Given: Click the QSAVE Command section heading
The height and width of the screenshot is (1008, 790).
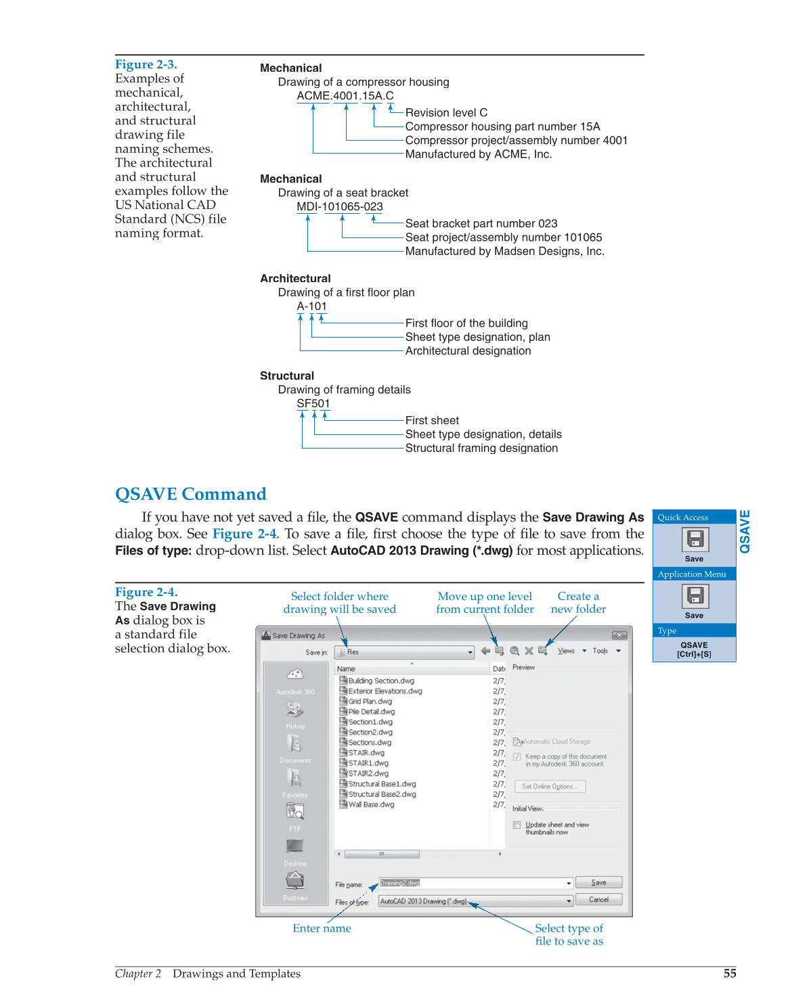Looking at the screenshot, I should [x=190, y=494].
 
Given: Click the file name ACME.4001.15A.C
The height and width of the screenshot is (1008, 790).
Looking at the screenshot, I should [x=345, y=96].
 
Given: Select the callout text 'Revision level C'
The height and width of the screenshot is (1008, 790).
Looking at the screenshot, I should [x=446, y=112].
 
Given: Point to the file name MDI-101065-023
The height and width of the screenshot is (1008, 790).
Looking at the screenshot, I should [x=339, y=207].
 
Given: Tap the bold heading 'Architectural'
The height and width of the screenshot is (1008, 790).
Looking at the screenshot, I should [x=295, y=278].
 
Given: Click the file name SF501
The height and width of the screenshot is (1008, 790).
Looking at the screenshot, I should [x=313, y=404].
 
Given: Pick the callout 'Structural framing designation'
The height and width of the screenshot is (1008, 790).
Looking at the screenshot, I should [x=481, y=448].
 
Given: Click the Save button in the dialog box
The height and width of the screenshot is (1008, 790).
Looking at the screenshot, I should [x=598, y=883].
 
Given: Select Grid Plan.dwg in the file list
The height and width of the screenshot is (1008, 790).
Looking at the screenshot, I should [x=370, y=702].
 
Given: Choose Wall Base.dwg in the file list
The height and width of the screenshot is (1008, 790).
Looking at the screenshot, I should [x=370, y=804].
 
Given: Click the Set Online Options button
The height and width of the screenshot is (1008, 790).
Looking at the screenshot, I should [x=550, y=786].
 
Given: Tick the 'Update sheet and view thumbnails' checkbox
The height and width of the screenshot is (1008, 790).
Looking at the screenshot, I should [x=517, y=825].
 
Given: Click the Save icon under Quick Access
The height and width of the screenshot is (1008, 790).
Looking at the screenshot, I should [x=694, y=539].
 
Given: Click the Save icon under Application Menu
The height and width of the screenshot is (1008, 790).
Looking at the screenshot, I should [x=694, y=596].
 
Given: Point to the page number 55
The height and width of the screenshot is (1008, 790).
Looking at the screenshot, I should [x=729, y=973].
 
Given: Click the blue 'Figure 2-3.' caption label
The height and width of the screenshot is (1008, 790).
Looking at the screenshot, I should [x=146, y=64].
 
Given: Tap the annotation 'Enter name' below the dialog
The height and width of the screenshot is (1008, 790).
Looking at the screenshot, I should [x=322, y=928].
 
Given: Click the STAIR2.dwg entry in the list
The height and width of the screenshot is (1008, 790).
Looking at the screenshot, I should [x=368, y=773].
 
